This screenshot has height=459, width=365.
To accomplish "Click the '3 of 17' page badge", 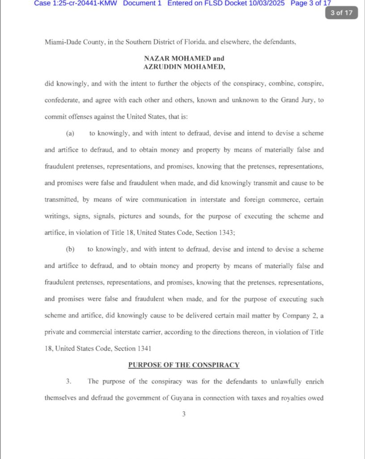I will point(342,13).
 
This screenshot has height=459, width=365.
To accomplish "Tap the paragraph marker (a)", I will point(70,133).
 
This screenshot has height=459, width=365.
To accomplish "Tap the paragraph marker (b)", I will point(70,249).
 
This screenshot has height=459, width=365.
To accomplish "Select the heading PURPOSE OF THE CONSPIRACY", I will point(184,365).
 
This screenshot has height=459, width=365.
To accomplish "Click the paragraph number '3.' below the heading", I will point(69,381).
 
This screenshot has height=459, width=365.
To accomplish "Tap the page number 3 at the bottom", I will point(183,415).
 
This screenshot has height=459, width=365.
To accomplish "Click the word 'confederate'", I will point(64,100).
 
